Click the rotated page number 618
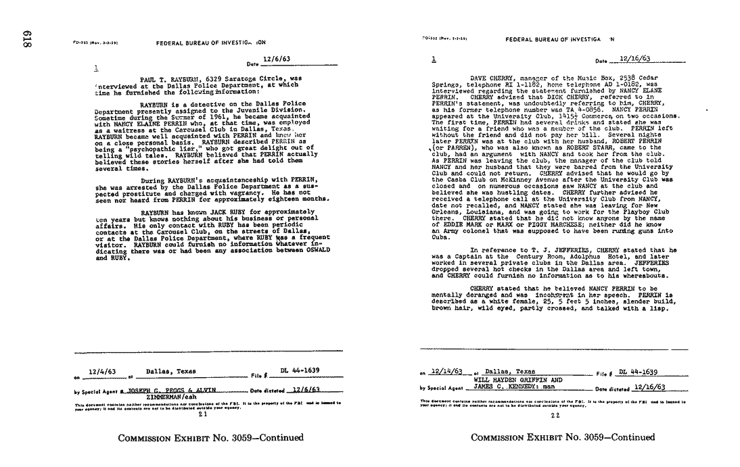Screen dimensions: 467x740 pos(28,41)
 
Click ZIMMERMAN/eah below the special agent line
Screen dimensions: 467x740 pos(170,397)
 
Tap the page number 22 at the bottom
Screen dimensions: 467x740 pos(555,415)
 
